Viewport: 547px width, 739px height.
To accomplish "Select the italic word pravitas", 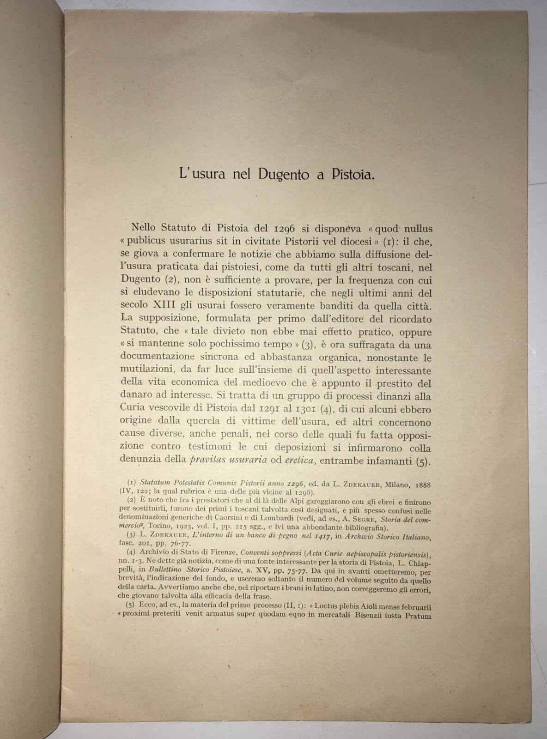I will pos(207,460).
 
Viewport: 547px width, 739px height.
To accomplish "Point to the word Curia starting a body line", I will pos(134,409).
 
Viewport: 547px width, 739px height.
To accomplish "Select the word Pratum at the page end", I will pos(418,616).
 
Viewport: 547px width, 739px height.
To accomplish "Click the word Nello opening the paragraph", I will pos(145,228).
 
